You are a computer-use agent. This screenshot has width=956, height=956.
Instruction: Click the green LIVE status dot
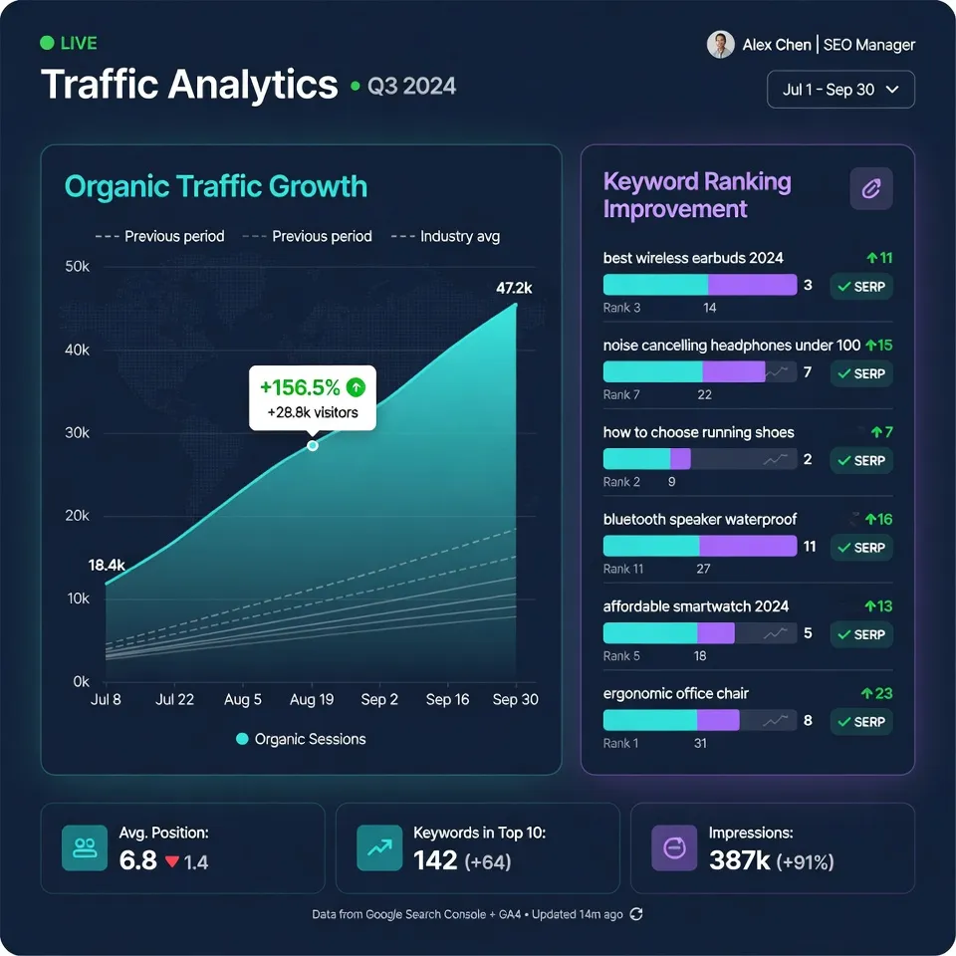pyautogui.click(x=47, y=43)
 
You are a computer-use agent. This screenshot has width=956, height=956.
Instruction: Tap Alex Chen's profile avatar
pyautogui.click(x=720, y=45)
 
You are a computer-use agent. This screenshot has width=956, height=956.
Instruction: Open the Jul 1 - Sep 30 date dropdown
pyautogui.click(x=840, y=90)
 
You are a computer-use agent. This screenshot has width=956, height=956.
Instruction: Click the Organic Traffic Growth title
pyautogui.click(x=215, y=187)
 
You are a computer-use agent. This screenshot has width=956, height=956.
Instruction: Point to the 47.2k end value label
pyautogui.click(x=514, y=288)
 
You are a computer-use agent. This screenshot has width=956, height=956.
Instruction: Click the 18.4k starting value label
pyautogui.click(x=107, y=565)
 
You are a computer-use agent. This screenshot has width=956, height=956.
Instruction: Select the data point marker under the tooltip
pyautogui.click(x=313, y=445)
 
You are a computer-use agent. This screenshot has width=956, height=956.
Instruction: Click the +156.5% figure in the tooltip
pyautogui.click(x=300, y=387)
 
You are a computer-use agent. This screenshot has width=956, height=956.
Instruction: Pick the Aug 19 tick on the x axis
pyautogui.click(x=312, y=700)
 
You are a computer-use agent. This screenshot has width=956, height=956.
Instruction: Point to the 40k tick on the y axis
pyautogui.click(x=78, y=351)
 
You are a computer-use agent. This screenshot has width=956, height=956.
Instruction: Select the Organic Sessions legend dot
pyautogui.click(x=242, y=739)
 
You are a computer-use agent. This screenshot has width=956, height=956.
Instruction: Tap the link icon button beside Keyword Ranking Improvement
pyautogui.click(x=870, y=188)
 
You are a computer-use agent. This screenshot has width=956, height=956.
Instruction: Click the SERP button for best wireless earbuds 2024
pyautogui.click(x=861, y=287)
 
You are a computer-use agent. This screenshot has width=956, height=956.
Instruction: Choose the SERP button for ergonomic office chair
pyautogui.click(x=861, y=721)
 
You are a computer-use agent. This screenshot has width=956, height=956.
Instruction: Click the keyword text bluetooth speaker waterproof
pyautogui.click(x=699, y=519)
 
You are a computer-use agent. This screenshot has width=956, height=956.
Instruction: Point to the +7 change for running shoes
pyautogui.click(x=881, y=432)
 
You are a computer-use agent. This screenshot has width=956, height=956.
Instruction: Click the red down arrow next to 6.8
pyautogui.click(x=171, y=861)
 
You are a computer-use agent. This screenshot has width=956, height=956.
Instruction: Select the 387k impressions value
pyautogui.click(x=739, y=860)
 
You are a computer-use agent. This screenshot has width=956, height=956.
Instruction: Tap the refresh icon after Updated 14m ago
pyautogui.click(x=637, y=914)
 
